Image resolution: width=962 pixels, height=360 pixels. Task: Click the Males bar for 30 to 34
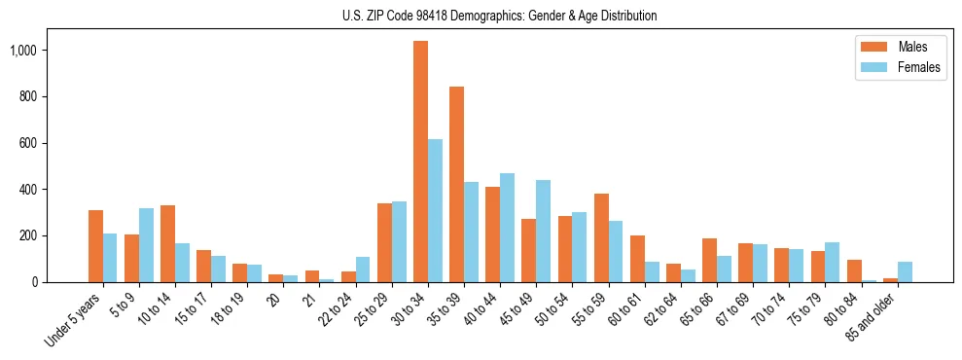[x=420, y=162]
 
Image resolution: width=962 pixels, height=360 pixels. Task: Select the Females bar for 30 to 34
[x=435, y=210]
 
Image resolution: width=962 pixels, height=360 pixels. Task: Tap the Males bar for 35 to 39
[x=456, y=185]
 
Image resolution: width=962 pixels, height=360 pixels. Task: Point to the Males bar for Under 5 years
[x=95, y=246]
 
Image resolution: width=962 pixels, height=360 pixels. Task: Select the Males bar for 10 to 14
[x=167, y=243]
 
